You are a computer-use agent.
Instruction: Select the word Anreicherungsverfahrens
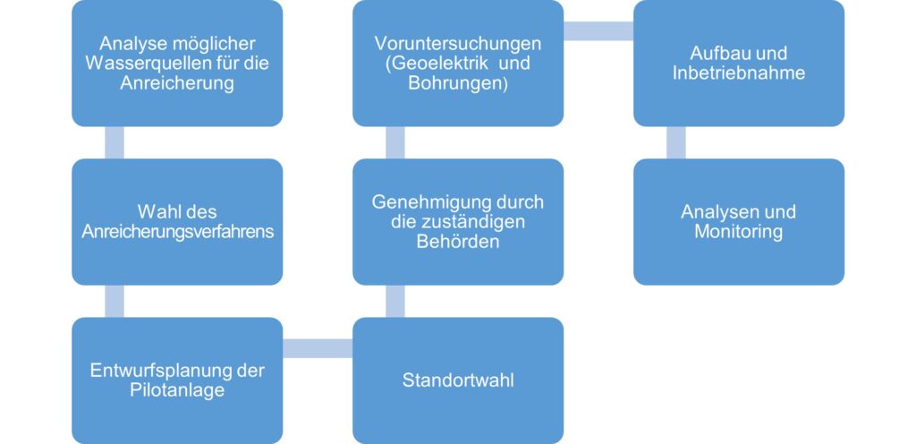point(177,232)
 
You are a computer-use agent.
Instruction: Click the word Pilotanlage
point(177,390)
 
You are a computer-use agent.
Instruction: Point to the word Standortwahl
point(458,380)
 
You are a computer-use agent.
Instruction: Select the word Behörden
point(458,242)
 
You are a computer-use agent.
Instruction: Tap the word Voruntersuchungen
point(458,44)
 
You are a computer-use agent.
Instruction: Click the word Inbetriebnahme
point(739,73)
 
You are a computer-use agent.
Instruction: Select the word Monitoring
point(739,232)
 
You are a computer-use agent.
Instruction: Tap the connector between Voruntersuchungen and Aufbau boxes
point(598,31)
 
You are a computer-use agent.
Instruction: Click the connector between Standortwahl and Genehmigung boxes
point(394,301)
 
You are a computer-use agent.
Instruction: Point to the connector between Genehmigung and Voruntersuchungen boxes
point(394,142)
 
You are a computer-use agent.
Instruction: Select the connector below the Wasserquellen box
point(114,142)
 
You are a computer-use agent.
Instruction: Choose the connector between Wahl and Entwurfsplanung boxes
point(114,301)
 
